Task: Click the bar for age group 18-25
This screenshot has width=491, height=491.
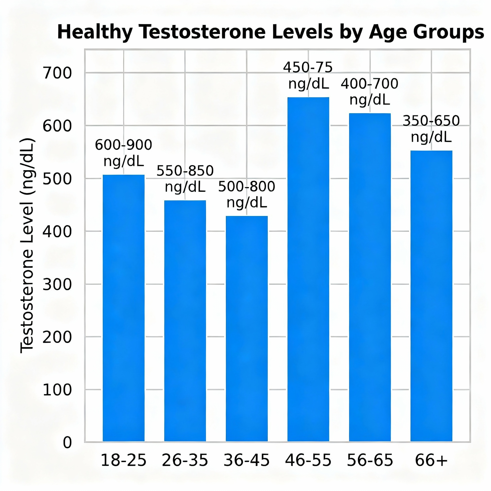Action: point(123,308)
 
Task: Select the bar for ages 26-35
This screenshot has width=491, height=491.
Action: point(185,320)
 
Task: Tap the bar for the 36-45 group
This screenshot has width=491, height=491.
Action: point(246,328)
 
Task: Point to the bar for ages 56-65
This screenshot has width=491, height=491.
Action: point(370,277)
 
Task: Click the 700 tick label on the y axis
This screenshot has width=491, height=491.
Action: point(57,73)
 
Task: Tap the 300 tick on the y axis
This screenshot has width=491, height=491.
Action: point(57,284)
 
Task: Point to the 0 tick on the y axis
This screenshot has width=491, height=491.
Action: point(67,443)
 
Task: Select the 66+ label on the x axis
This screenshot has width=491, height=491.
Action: point(431,460)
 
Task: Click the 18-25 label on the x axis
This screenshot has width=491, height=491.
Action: point(123,460)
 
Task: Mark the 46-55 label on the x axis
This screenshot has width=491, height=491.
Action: point(308,460)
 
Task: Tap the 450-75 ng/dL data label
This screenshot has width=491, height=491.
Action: point(308,76)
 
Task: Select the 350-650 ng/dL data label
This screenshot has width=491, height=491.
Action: point(431,129)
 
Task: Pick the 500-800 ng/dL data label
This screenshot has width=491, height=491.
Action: point(246,194)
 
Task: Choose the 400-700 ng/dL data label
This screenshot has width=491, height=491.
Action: point(370,92)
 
